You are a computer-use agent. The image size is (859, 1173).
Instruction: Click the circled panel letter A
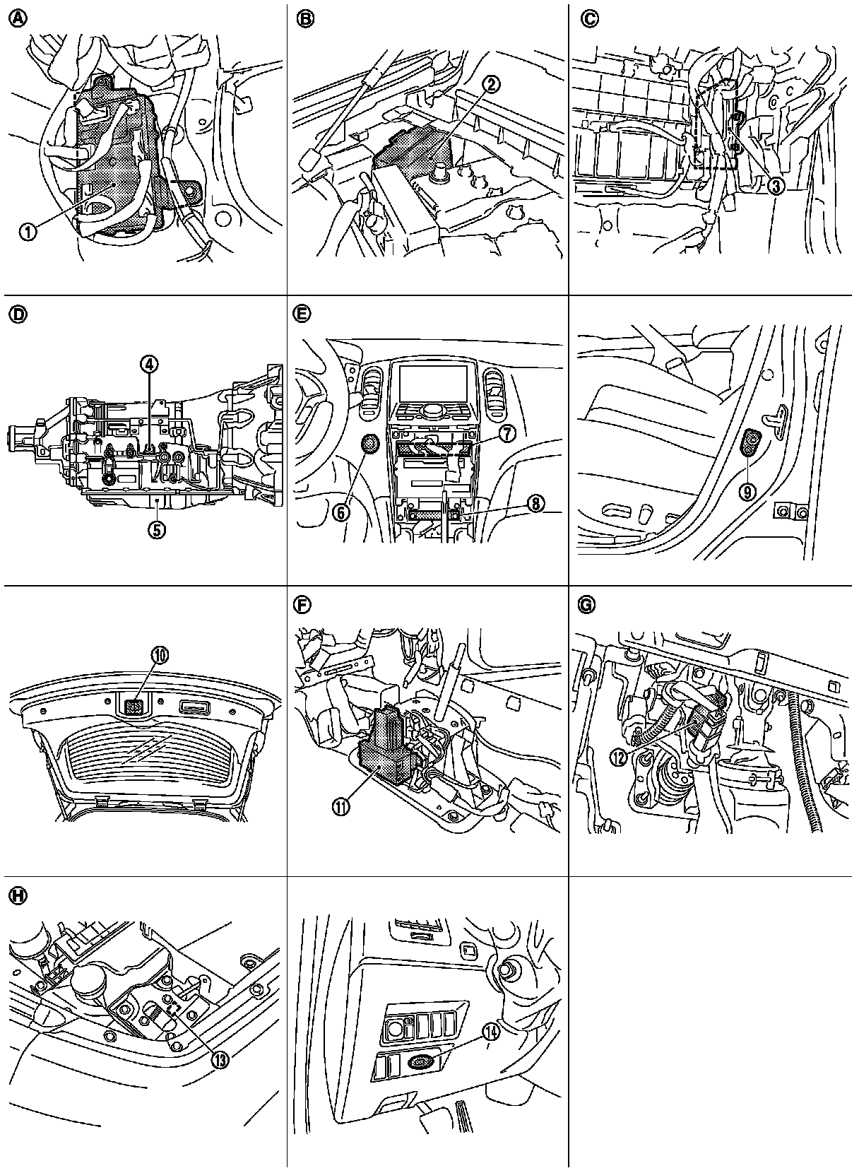coord(16,20)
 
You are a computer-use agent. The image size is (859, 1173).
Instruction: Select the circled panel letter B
coord(305,20)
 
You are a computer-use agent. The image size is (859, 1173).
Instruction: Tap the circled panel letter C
coord(588,20)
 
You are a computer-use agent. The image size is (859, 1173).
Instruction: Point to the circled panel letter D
coord(16,314)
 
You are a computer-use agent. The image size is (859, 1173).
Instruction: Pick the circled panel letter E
coord(305,314)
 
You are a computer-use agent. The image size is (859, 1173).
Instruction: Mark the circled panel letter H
coord(16,895)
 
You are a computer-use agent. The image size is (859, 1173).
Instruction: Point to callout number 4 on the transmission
coord(149,364)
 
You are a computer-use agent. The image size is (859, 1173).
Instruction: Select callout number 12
coord(619,758)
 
